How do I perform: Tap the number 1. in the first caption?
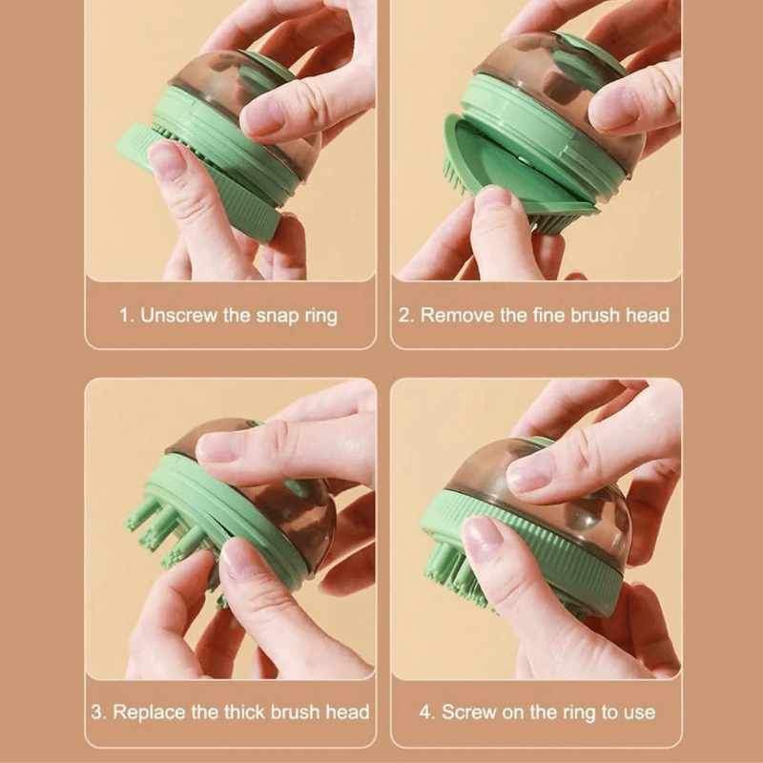click(126, 316)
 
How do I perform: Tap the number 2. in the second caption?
click(405, 316)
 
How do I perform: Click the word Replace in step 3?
click(144, 711)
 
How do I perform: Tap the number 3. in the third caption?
click(98, 711)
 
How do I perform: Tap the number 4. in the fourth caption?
click(426, 711)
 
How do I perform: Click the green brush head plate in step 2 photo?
click(505, 176)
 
